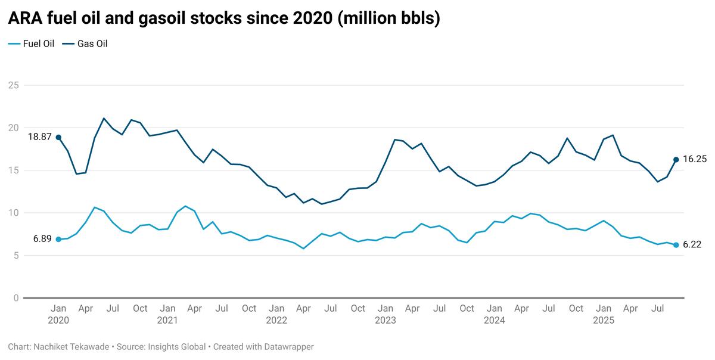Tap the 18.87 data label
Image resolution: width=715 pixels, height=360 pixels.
click(x=39, y=136)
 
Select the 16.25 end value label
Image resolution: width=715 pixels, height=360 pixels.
click(x=695, y=159)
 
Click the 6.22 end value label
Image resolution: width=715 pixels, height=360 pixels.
click(x=692, y=244)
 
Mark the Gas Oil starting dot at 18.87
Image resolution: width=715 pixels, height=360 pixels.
click(x=58, y=137)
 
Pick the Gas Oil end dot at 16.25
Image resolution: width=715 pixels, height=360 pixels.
click(x=676, y=159)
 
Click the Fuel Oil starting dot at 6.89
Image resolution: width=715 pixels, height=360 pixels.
click(x=58, y=239)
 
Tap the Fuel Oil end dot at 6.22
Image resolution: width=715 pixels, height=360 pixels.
click(x=676, y=245)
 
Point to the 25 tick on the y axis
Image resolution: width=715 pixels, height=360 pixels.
click(x=13, y=85)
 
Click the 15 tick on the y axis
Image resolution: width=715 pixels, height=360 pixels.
click(x=13, y=170)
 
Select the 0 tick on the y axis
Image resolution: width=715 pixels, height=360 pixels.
click(x=16, y=298)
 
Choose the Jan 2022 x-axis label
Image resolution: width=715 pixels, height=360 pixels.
click(x=276, y=314)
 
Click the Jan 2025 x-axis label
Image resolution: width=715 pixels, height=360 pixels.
click(x=604, y=314)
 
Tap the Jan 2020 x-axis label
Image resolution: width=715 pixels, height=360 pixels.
click(x=58, y=314)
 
